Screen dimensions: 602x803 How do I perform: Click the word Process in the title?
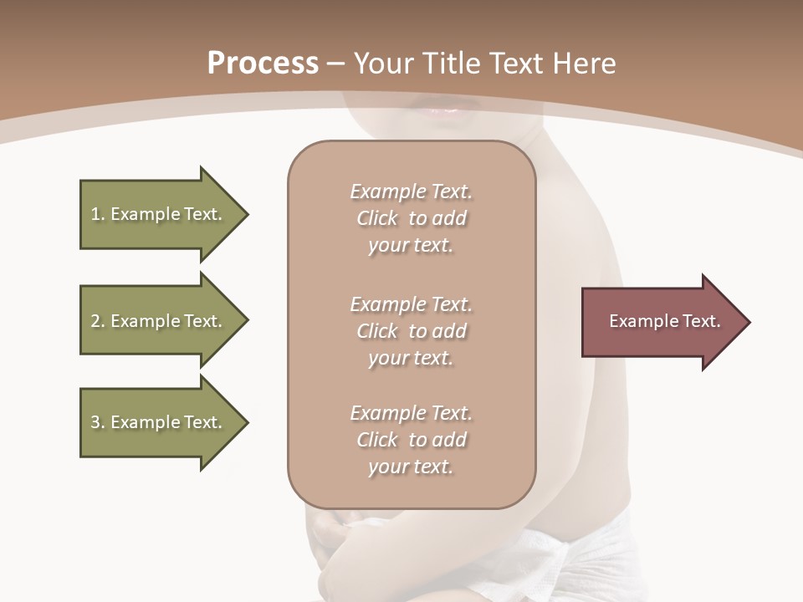pyautogui.click(x=263, y=64)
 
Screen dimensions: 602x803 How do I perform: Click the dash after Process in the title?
pyautogui.click(x=335, y=64)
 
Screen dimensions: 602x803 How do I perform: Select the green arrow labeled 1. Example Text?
pyautogui.click(x=159, y=214)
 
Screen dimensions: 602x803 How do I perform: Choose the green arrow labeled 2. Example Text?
pyautogui.click(x=159, y=321)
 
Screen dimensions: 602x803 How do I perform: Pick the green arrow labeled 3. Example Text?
pyautogui.click(x=159, y=422)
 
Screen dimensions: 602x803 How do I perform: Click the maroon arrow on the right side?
pyautogui.click(x=661, y=322)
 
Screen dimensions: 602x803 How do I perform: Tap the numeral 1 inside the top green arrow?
pyautogui.click(x=95, y=214)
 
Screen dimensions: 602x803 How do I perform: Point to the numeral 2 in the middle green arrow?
pyautogui.click(x=95, y=321)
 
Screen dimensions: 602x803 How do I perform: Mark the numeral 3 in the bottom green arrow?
pyautogui.click(x=95, y=422)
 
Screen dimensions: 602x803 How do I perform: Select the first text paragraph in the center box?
pyautogui.click(x=411, y=218)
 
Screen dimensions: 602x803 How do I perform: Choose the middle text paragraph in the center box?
pyautogui.click(x=411, y=331)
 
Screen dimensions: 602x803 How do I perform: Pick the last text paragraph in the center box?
pyautogui.click(x=411, y=440)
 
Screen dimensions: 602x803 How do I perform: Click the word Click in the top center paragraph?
pyautogui.click(x=377, y=218)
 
